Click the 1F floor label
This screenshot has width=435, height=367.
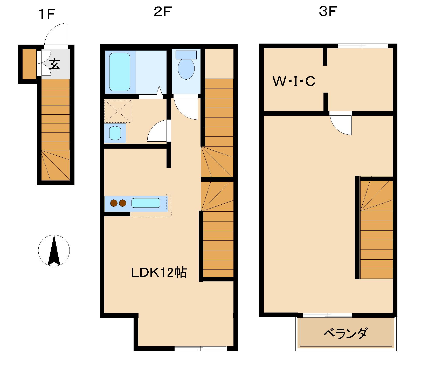click(47, 14)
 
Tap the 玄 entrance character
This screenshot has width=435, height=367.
click(55, 64)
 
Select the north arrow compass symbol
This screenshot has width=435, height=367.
click(54, 250)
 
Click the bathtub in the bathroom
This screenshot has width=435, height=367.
click(120, 72)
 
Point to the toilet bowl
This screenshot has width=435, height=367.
click(186, 69)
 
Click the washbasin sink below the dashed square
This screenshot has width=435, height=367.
click(115, 133)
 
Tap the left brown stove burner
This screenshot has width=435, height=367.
click(114, 203)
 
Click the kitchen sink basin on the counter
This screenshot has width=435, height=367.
click(146, 203)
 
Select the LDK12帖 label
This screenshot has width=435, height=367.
click(159, 273)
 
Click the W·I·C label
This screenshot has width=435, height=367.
click(294, 81)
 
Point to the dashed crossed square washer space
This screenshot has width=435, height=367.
click(118, 111)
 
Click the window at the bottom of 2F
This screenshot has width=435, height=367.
click(200, 349)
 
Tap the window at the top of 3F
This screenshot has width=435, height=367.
click(363, 46)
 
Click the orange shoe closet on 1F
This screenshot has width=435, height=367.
click(29, 64)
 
